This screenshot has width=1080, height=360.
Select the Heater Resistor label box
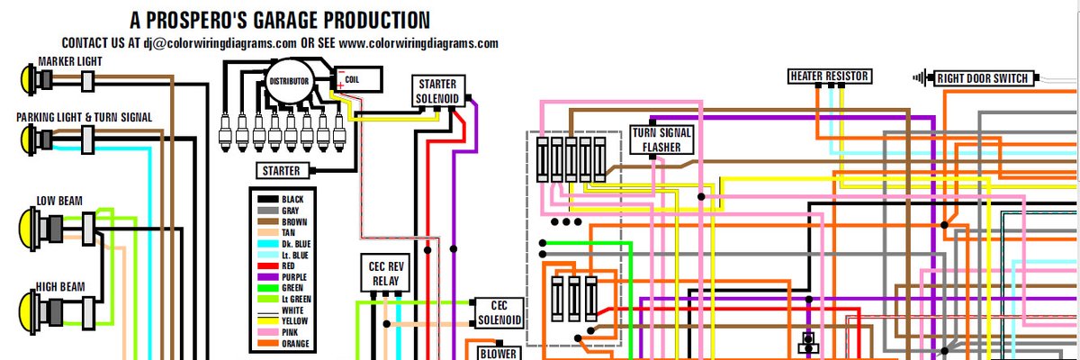pos(829,76)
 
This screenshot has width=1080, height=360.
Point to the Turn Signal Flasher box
pos(661,140)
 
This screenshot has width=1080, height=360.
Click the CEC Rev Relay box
pos(385,274)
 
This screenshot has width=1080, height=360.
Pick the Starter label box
pos(282,170)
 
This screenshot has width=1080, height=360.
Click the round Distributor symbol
pos(289,82)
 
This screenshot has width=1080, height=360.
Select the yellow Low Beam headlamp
pos(30,224)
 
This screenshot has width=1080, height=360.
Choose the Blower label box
pos(498,353)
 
